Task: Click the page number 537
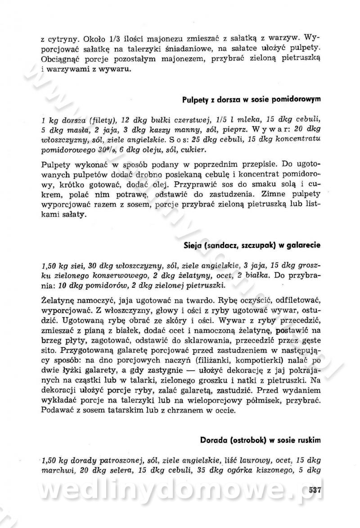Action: click(314, 490)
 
